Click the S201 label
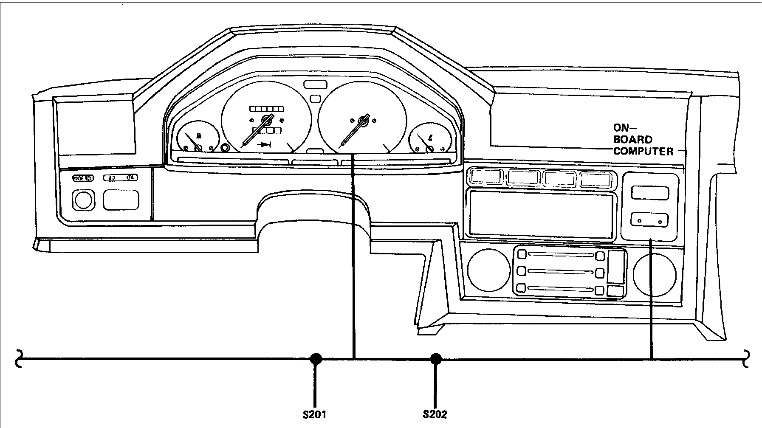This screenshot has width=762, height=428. click(x=314, y=414)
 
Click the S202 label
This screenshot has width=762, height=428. click(x=435, y=414)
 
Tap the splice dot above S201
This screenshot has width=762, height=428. click(x=315, y=359)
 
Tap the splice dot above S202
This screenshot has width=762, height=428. click(x=435, y=359)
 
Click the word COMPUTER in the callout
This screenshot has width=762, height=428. click(x=643, y=151)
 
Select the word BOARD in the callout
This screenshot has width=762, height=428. click(x=633, y=139)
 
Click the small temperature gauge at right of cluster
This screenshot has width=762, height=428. click(x=429, y=140)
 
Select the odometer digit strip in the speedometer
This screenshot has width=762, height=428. click(x=266, y=109)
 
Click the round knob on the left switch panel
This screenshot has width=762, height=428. click(x=83, y=200)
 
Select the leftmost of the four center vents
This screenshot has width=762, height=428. click(x=485, y=177)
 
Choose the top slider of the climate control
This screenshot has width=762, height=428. click(x=560, y=255)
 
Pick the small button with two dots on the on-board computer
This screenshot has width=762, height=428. click(x=649, y=220)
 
